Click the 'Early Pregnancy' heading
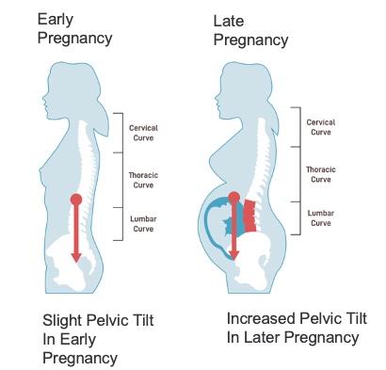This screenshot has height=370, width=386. point(74,29)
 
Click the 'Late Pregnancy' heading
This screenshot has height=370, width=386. point(250,31)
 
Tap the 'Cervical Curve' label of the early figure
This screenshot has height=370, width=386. point(143,133)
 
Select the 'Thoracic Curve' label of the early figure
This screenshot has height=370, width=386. point(143,180)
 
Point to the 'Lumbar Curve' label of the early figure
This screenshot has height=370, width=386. point(143,224)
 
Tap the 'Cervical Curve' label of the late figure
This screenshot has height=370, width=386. point(321,127)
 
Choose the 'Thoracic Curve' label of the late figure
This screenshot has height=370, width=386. point(321,174)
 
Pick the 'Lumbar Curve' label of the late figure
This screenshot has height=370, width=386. point(321,218)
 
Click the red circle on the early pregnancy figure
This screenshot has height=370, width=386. point(76,200)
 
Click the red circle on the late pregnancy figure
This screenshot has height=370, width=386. point(234,198)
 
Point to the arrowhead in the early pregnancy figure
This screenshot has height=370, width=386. point(76,257)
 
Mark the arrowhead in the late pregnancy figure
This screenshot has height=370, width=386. point(233,255)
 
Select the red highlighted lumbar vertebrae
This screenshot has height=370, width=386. point(249,216)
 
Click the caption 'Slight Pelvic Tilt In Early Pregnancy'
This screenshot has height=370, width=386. point(98,339)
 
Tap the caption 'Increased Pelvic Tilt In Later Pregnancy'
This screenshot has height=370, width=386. point(297,328)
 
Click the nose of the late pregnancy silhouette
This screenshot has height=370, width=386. point(217,97)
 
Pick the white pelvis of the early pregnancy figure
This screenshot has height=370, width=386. point(72,262)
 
